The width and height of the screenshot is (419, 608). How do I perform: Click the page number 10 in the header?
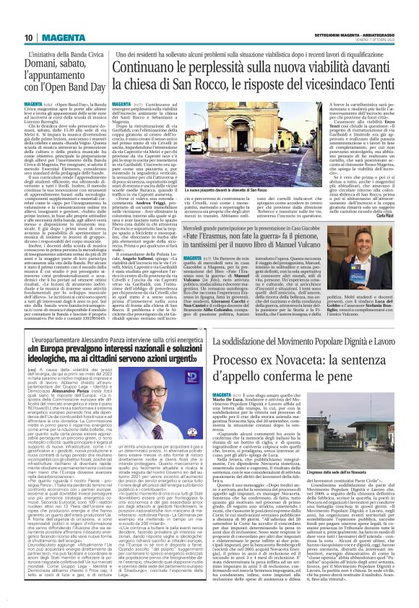coord(28,38)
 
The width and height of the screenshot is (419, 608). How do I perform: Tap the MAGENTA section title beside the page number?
coord(64,38)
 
